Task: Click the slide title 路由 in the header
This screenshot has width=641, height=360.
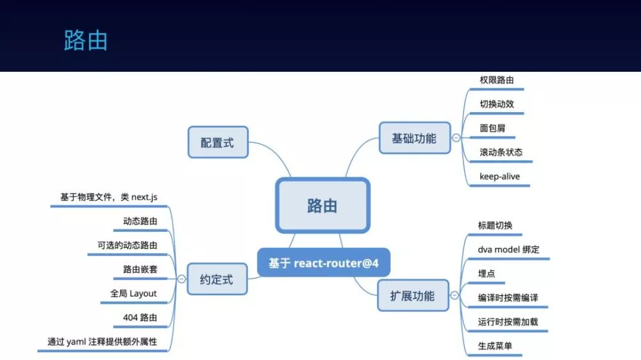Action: click(86, 40)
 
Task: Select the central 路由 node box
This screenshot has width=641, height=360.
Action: click(322, 206)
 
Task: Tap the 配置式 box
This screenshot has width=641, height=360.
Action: click(218, 142)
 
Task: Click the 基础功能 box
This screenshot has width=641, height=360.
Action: click(415, 138)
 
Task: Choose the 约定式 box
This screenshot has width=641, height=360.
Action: click(217, 279)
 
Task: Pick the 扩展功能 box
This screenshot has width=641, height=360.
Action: click(413, 295)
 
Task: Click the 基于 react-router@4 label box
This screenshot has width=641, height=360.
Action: click(323, 263)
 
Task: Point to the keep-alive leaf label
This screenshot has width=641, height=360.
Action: click(499, 177)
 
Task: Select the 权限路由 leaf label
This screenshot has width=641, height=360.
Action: click(497, 80)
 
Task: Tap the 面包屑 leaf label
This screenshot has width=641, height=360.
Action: click(492, 128)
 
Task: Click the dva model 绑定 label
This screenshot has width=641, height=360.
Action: click(508, 249)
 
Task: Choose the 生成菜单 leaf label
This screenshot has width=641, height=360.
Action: click(495, 346)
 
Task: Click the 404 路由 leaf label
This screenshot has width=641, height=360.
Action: click(140, 318)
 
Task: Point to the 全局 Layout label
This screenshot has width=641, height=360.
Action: click(133, 293)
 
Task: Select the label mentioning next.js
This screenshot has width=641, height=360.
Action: click(109, 197)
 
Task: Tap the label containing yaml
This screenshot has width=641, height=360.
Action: click(102, 341)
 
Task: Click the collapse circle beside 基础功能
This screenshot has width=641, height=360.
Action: click(456, 138)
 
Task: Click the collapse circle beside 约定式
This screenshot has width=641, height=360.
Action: click(181, 279)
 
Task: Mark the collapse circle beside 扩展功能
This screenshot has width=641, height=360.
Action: click(454, 295)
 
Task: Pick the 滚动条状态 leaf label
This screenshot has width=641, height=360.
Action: click(501, 152)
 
